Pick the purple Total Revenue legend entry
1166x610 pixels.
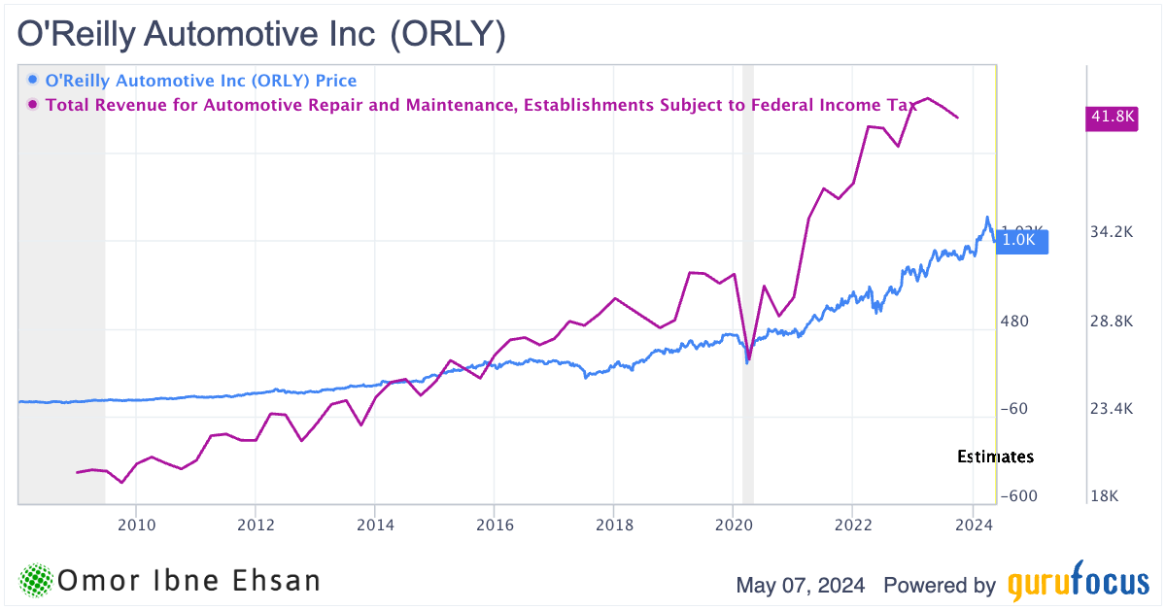481,104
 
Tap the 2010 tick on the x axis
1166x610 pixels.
136,525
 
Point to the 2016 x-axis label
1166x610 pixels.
494,525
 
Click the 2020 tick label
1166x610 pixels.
733,525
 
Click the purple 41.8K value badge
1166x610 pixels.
1111,117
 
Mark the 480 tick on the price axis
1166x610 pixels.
1015,322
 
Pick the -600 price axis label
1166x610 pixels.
1017,496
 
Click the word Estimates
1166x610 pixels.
995,457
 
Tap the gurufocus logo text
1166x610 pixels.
1077,585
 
